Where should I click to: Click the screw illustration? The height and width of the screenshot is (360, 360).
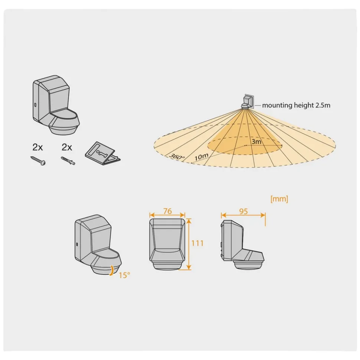[38, 161]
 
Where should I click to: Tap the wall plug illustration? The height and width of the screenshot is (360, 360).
[68, 161]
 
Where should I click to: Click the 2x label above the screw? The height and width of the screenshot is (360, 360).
[37, 147]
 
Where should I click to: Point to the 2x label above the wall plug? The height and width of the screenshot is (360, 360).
[67, 147]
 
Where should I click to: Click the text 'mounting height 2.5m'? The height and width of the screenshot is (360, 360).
[296, 105]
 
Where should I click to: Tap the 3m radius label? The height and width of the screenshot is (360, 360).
[256, 141]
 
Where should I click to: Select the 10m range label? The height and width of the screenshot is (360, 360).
[201, 156]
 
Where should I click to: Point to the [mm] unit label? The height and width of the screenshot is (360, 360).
[279, 199]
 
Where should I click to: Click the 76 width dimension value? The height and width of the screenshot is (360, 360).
[167, 211]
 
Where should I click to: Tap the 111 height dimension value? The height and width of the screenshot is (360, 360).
[197, 243]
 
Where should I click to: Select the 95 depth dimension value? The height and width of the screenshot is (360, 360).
[243, 211]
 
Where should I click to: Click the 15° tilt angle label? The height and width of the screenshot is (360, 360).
[125, 275]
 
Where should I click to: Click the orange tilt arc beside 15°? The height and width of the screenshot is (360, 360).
[111, 270]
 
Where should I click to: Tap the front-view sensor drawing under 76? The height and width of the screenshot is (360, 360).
[167, 243]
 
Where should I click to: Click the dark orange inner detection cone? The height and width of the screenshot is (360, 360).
[245, 133]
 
